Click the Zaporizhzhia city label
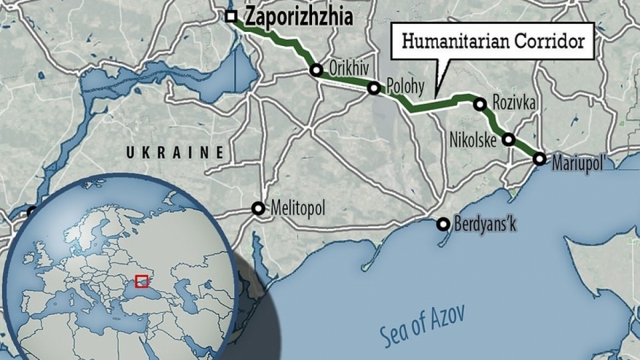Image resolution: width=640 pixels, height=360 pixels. [300, 17]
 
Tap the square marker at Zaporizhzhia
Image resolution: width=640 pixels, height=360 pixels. [231, 16]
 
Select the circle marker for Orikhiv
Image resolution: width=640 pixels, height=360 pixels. [316, 71]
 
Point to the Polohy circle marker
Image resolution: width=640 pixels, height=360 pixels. [374, 89]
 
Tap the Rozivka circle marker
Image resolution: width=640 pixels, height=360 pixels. [480, 104]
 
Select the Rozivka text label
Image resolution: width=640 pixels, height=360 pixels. [514, 104]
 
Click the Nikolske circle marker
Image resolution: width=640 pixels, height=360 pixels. [508, 139]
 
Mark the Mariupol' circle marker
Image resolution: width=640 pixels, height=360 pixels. [540, 158]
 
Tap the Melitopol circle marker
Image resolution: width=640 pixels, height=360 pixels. [258, 209]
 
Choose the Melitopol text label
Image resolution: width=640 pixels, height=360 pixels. [297, 209]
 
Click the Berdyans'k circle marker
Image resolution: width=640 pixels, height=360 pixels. [443, 224]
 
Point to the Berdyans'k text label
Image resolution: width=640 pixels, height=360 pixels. [487, 224]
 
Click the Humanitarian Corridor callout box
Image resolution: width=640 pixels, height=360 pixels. [492, 41]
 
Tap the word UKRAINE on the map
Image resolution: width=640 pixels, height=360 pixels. [175, 152]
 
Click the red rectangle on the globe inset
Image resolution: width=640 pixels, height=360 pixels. [142, 281]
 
